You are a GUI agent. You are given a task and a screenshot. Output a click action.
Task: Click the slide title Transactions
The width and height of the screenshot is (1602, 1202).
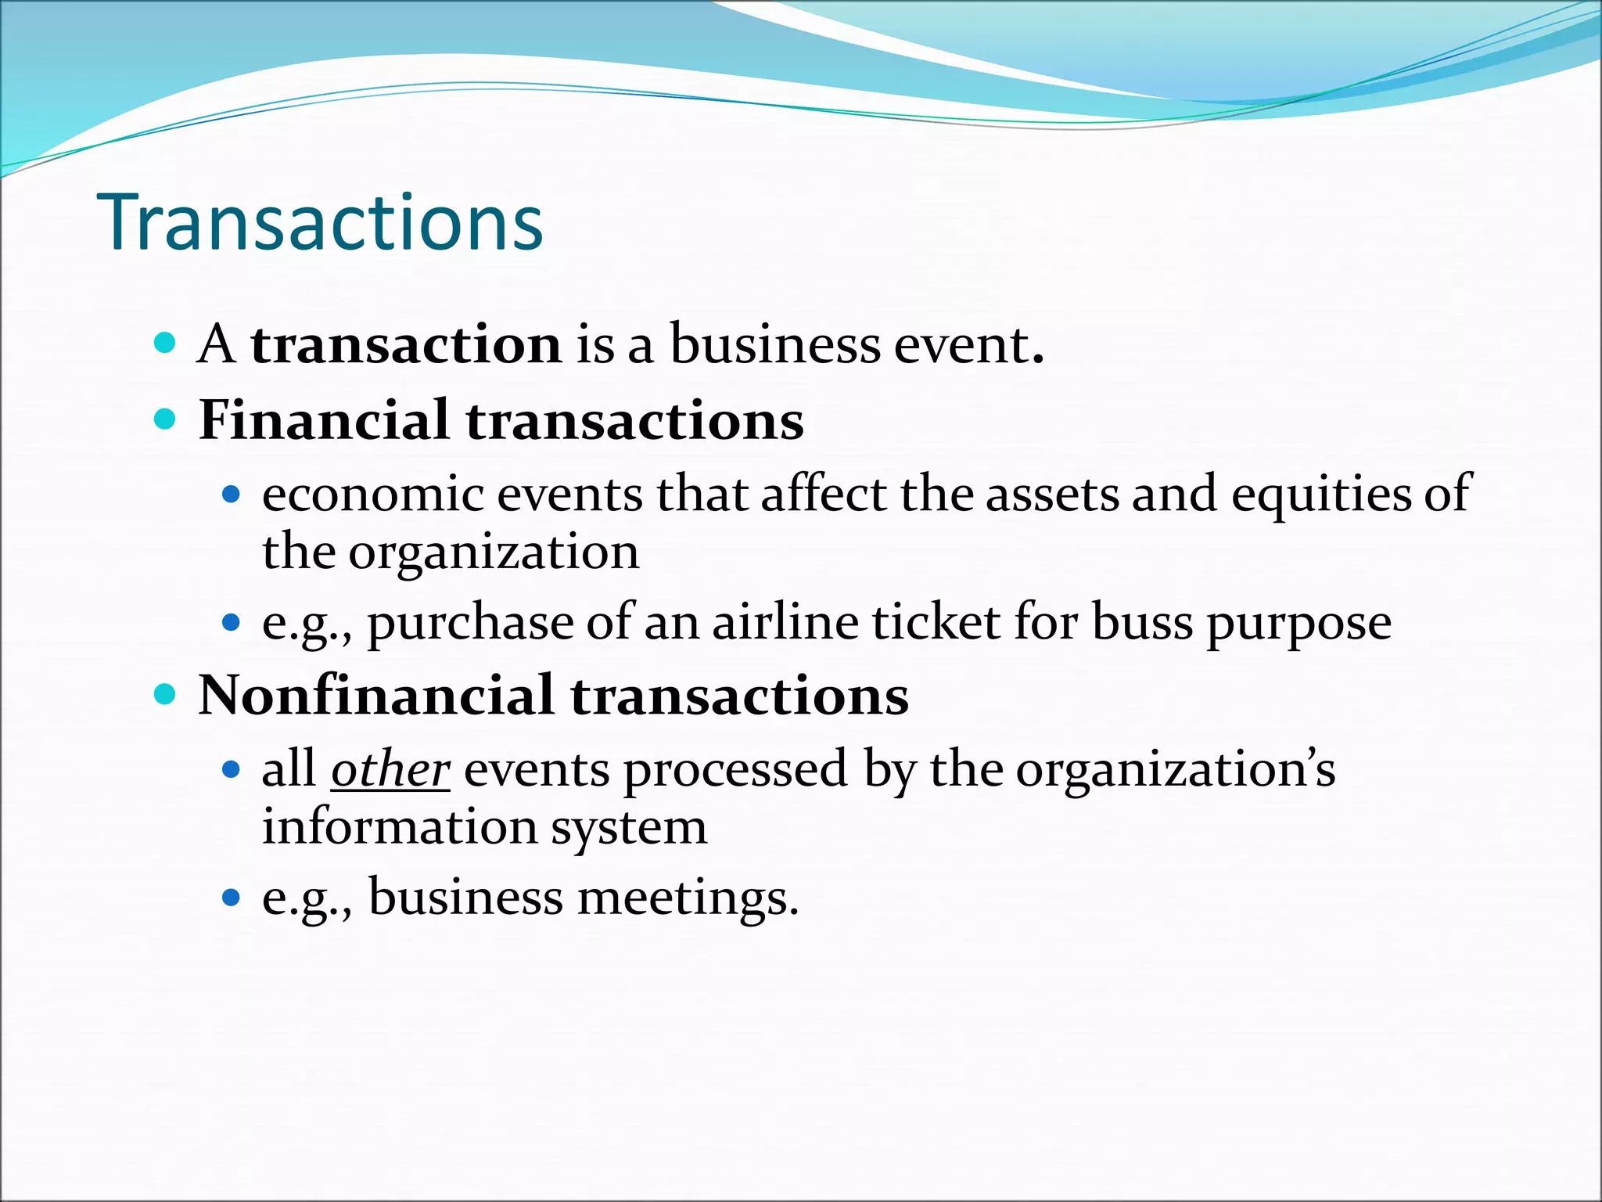coord(320,223)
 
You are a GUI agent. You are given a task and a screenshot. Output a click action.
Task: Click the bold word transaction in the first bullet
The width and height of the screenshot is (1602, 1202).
coord(405,345)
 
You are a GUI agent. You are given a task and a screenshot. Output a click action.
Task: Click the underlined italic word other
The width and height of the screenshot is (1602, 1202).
coord(390,769)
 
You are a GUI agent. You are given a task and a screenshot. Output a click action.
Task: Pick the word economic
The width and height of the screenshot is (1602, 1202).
coord(372,495)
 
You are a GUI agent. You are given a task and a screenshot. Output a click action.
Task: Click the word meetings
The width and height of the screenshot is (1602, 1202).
coord(688,897)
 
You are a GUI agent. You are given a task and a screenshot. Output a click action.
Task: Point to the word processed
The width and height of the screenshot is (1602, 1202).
coord(735,769)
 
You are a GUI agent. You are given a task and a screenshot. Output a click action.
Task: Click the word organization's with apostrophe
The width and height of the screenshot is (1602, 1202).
coord(1175,769)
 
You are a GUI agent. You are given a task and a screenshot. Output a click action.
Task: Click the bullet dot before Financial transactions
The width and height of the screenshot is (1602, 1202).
coord(164,419)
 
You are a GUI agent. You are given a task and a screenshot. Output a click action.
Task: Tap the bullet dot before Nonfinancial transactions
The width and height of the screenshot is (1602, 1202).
coord(164,694)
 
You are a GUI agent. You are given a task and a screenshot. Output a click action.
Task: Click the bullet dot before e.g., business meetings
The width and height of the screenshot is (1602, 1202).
coord(230,897)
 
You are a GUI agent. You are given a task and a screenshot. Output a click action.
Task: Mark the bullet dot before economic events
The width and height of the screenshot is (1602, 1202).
coord(230,495)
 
